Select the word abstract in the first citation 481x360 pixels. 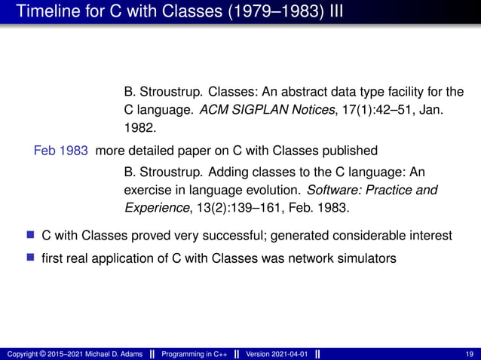point(291,93)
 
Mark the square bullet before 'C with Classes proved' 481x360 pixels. point(31,236)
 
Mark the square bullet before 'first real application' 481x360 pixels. point(31,258)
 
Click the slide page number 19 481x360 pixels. point(470,354)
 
